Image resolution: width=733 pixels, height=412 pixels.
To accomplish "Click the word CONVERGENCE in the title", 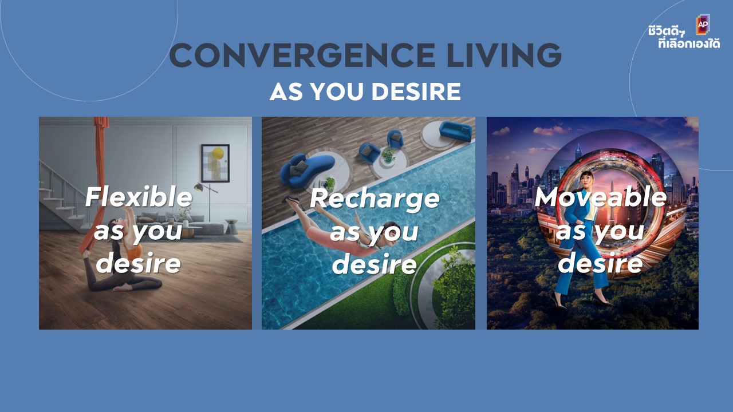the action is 302,55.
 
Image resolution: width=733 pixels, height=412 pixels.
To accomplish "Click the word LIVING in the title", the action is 503,55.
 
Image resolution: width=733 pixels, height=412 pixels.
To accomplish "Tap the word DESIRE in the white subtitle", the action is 416,92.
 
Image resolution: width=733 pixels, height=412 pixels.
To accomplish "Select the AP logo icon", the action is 703,24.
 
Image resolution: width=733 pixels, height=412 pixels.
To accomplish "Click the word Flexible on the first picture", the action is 139,197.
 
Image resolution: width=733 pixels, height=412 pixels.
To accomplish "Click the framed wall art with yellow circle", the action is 215,163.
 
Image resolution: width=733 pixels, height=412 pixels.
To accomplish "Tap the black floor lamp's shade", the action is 198,187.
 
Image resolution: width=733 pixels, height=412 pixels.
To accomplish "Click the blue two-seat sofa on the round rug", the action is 455,131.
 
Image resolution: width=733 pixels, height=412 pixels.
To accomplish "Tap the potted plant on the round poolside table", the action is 388,154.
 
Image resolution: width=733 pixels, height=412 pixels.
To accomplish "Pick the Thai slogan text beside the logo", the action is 684,37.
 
